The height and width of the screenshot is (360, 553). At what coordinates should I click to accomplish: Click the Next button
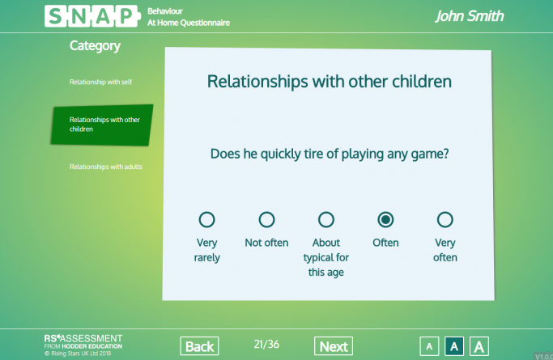[334, 346]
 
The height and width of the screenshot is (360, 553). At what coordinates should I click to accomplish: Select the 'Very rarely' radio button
[206, 219]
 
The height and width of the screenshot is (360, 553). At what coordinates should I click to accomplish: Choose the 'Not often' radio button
[266, 219]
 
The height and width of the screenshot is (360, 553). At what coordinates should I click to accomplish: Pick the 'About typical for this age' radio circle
[325, 219]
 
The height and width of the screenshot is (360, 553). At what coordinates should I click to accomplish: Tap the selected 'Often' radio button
[385, 219]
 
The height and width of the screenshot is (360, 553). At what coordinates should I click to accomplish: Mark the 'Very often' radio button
[445, 219]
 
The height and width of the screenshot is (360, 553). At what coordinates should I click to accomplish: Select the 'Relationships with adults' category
[105, 167]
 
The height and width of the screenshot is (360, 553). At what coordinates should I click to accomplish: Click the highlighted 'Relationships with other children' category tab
[101, 125]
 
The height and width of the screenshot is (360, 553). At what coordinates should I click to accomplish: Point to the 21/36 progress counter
[266, 345]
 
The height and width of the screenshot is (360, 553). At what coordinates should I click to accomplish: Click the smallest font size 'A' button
[429, 346]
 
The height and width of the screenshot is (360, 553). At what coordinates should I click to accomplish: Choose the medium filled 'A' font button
[454, 346]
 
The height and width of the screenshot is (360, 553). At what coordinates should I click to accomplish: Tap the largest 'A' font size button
[479, 346]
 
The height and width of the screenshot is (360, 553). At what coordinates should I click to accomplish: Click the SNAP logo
[91, 16]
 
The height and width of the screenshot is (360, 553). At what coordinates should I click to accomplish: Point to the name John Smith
[470, 16]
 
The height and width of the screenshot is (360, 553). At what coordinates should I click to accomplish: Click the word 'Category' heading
[95, 46]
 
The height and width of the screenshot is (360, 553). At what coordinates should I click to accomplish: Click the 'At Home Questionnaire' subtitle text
[189, 23]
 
